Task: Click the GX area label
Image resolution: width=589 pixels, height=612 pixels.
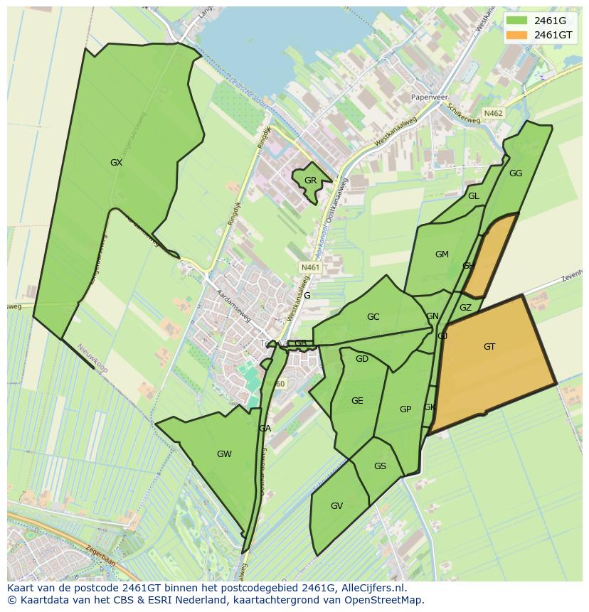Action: (117, 163)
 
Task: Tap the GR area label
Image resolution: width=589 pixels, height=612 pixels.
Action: (310, 181)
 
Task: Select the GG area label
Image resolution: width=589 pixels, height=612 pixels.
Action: (516, 173)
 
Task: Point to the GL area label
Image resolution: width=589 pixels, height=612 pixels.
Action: (473, 196)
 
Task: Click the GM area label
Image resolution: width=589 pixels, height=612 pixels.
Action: (442, 254)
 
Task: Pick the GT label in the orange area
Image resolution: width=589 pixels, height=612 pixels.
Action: (489, 347)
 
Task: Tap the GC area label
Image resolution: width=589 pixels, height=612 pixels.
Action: (373, 317)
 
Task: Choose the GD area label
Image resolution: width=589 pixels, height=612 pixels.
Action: (362, 359)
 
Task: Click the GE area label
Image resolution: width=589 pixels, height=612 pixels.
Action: (357, 401)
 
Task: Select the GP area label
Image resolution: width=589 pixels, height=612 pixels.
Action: (405, 409)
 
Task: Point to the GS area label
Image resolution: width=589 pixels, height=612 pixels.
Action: (380, 466)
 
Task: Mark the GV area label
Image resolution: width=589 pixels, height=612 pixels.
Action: (336, 506)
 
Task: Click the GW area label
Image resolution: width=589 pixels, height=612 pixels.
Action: (224, 454)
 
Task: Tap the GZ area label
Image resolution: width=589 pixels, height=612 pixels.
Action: (465, 308)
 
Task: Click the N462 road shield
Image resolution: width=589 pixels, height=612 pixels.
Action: (493, 113)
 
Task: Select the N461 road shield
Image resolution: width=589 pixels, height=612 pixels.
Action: (311, 267)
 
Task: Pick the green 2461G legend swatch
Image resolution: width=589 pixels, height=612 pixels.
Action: (517, 21)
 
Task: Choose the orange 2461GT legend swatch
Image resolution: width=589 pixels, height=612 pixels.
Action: (517, 35)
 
